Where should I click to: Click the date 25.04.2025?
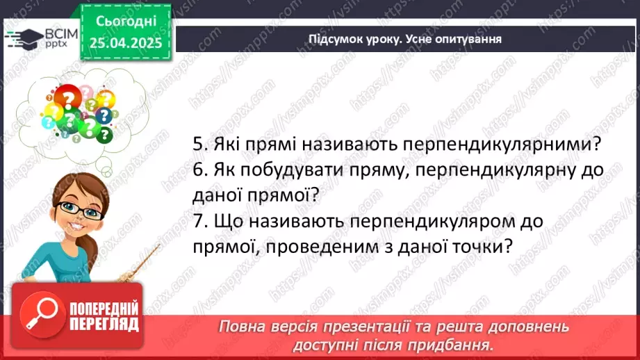point(125,44)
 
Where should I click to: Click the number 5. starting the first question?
point(201,145)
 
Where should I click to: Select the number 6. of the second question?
point(201,170)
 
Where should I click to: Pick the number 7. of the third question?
point(201,221)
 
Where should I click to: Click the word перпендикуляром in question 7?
point(438,221)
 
